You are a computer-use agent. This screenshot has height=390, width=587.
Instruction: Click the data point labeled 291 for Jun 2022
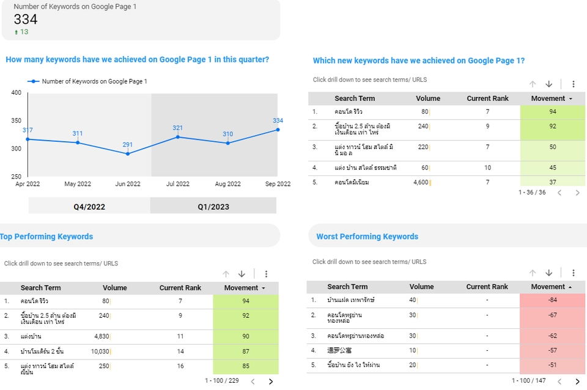[127, 153]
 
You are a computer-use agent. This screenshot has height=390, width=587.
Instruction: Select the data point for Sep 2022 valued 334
[278, 130]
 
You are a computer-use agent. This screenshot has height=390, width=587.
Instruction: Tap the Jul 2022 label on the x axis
[178, 184]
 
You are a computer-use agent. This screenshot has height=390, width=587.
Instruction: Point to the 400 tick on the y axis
[16, 93]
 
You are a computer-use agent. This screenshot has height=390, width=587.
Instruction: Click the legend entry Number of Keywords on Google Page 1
[94, 81]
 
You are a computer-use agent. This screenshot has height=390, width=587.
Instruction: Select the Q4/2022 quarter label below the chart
[89, 207]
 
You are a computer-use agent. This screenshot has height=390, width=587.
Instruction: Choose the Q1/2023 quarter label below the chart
[213, 207]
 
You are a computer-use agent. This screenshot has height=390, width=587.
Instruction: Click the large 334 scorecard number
[26, 20]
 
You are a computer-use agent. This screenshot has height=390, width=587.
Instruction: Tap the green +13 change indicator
[21, 32]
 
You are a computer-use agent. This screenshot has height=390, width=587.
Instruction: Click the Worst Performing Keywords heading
[367, 237]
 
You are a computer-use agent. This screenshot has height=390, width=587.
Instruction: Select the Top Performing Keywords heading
[46, 237]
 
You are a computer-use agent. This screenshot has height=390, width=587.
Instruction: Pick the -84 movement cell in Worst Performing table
[552, 300]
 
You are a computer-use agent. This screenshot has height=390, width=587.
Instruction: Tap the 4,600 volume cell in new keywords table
[421, 182]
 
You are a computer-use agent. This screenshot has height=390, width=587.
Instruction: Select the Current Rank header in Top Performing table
[180, 288]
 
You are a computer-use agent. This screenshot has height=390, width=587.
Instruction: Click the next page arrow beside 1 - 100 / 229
[271, 381]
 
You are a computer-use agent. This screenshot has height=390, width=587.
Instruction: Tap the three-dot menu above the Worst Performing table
[573, 273]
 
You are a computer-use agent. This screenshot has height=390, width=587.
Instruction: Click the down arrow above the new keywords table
[548, 84]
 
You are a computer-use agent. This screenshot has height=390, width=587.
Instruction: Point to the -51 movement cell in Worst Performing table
[552, 365]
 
